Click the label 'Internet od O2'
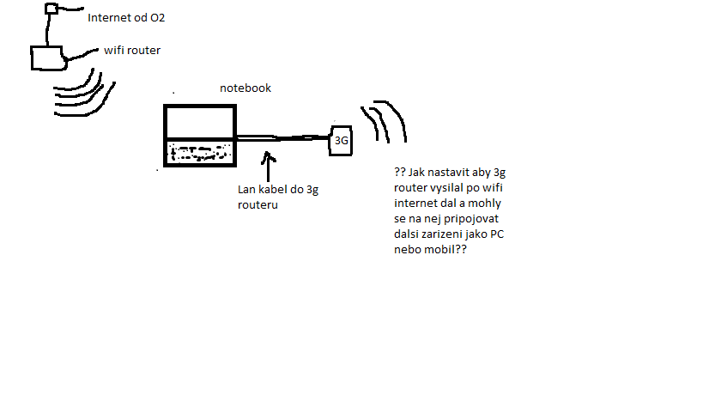tap(127, 17)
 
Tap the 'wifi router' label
tap(132, 51)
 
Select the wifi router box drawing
tap(47, 58)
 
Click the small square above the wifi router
tap(52, 9)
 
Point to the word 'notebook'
tap(245, 88)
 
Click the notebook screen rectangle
tap(200, 122)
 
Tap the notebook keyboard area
tap(200, 153)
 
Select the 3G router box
tap(341, 140)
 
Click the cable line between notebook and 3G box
tap(283, 138)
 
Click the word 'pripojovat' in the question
tap(469, 219)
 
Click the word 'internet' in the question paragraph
tap(416, 204)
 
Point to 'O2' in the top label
tap(157, 17)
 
